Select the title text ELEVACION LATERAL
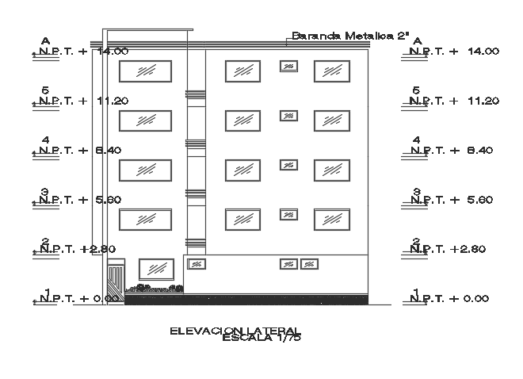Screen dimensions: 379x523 235,330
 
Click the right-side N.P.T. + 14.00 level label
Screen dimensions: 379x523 455,52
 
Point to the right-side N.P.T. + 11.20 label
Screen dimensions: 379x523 454,101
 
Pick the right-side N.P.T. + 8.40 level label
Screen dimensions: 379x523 454,150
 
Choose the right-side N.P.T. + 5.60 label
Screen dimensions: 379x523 454,200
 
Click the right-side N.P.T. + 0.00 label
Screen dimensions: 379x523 454,298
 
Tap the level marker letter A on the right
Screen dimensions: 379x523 417,41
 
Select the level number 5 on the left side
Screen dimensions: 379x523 44,91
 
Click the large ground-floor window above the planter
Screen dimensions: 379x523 156,268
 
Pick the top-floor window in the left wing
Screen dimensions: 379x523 145,71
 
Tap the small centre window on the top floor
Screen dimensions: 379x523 288,67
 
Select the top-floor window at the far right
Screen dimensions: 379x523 332,71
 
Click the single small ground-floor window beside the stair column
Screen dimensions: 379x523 195,263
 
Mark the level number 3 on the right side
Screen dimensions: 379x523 416,191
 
